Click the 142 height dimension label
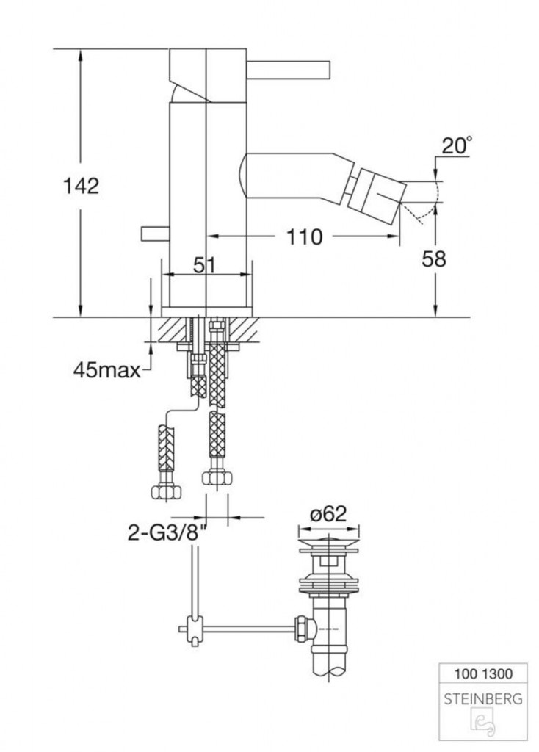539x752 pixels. pos(81,186)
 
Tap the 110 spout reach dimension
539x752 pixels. pos(304,236)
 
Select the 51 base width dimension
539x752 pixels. pos(205,264)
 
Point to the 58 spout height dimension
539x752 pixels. pos(433,259)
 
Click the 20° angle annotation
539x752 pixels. pos(456,145)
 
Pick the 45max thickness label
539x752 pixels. pos(107,370)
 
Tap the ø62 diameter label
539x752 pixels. pos(328,514)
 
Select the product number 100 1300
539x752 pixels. pos(483,674)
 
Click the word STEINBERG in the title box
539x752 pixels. pos(483,699)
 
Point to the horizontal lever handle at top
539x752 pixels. pos(288,69)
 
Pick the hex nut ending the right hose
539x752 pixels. pos(217,477)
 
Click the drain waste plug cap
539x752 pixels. pos(328,543)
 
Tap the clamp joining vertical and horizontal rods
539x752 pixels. pos(194,629)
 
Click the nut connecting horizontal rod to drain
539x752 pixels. pos(304,629)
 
